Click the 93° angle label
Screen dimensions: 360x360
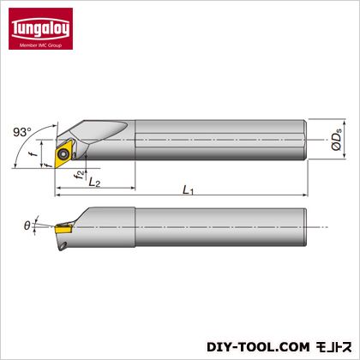pos(22,132)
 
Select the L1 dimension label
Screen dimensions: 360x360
pos(188,190)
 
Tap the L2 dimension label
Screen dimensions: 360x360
pos(94,182)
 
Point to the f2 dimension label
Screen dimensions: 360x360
pos(80,175)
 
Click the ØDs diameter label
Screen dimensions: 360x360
pos(337,139)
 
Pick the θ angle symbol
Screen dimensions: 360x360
pos(27,225)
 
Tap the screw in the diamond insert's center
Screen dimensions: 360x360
pos(63,154)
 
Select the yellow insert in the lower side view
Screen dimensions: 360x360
pos(63,229)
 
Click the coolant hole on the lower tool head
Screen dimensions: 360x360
pos(64,245)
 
